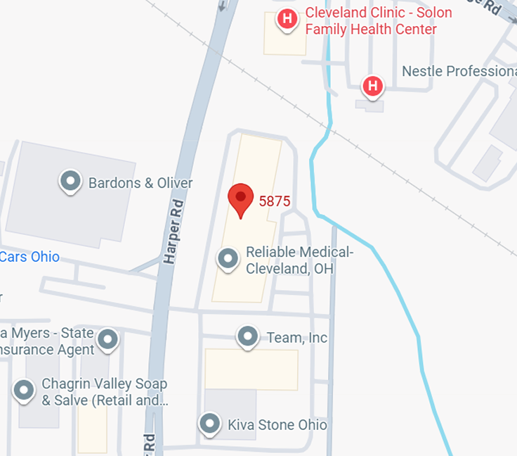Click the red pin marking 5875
point(241,200)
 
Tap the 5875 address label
point(275,201)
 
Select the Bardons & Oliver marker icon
point(70,182)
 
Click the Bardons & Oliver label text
point(140,183)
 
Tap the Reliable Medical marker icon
point(228,259)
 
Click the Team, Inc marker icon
point(247,338)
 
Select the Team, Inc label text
point(297,338)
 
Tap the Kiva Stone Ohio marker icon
point(209,424)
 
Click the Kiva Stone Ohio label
point(277,425)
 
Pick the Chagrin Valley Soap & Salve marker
point(25,390)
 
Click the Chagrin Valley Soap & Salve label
point(104,392)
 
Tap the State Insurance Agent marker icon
point(107,340)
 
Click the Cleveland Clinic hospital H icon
point(287,19)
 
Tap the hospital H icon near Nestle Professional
point(373,87)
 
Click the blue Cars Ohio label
point(30,257)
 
